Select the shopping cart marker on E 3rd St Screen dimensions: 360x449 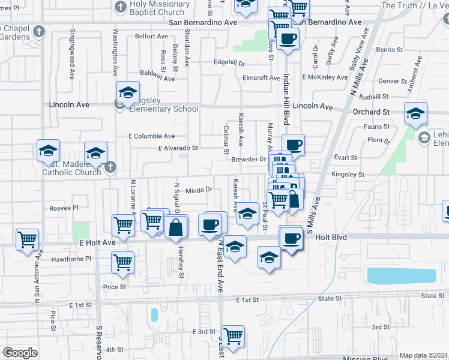(233, 336)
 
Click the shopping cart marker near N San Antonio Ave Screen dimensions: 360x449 (28, 239)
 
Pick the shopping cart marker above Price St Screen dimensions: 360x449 (122, 262)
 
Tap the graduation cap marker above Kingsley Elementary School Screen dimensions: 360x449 (128, 92)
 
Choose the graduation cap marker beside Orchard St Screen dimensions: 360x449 (415, 113)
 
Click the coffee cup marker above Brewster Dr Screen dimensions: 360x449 (293, 145)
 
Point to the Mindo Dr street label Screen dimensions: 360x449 (199, 190)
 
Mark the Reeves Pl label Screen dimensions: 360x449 (64, 208)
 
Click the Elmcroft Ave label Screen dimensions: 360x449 (261, 78)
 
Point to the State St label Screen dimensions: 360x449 (330, 298)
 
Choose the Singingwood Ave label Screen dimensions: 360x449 (71, 48)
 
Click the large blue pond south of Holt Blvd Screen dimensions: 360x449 (401, 276)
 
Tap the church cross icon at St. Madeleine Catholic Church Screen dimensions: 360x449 (110, 168)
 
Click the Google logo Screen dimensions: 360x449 (20, 353)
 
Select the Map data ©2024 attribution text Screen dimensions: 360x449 (424, 355)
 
